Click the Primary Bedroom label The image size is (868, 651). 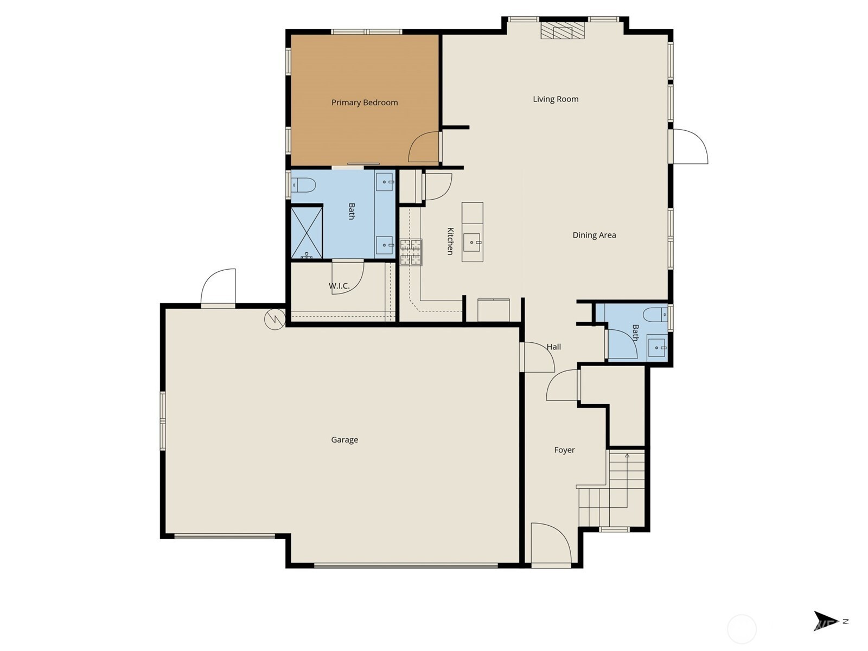click(364, 103)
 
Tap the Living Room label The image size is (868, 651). click(555, 99)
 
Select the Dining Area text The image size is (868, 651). click(594, 235)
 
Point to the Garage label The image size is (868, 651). click(344, 440)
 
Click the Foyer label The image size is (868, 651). click(564, 450)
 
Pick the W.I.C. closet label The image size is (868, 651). click(339, 286)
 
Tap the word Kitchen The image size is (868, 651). click(450, 241)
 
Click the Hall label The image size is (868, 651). click(554, 347)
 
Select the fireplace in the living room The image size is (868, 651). click(563, 30)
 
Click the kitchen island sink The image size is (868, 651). click(473, 242)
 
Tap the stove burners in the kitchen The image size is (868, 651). click(411, 252)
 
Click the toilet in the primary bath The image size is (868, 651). click(303, 184)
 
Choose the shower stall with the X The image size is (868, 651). click(307, 233)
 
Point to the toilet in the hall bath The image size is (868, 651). click(655, 315)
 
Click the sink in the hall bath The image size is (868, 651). click(657, 348)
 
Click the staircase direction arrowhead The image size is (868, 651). click(627, 456)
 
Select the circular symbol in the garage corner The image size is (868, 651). click(275, 319)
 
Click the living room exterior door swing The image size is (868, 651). click(691, 146)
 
